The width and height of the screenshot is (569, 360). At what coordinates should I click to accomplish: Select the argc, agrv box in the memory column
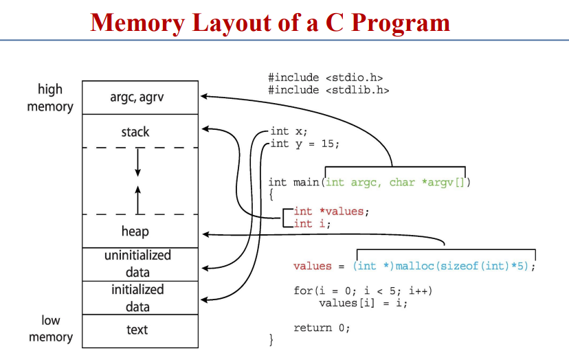tap(137, 98)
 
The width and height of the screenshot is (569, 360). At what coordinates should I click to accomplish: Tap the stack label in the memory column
tap(135, 132)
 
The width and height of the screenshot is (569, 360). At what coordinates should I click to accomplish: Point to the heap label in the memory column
tap(135, 232)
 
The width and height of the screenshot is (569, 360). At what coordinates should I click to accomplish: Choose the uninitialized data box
tap(137, 264)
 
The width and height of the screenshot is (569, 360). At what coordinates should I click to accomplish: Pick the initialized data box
tap(137, 297)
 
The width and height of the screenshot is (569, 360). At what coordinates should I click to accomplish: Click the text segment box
tap(137, 330)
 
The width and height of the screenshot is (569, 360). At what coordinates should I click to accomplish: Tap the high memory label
tap(49, 98)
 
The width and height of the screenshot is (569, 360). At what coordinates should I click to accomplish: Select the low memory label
tap(50, 328)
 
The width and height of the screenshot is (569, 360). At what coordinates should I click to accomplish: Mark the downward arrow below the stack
tap(137, 162)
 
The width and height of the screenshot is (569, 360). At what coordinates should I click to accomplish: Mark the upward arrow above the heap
tap(137, 199)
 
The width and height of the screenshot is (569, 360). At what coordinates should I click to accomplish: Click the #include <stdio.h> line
tap(325, 78)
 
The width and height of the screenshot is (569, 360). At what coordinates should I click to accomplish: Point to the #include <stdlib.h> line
tap(328, 90)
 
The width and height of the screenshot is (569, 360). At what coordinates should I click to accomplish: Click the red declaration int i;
tap(313, 223)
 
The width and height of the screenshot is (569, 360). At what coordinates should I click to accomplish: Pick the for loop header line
tap(362, 291)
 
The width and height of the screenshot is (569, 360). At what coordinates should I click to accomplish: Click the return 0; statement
tap(322, 328)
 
